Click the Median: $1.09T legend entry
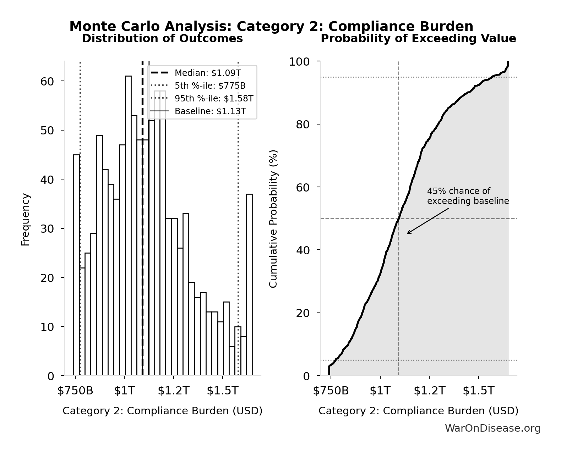(x=208, y=73)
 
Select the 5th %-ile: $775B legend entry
(x=210, y=86)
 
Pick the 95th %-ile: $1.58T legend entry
(x=214, y=99)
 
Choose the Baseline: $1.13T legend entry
(x=210, y=111)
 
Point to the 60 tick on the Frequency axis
(x=47, y=82)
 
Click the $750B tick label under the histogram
(x=75, y=391)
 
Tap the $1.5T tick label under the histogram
(x=223, y=391)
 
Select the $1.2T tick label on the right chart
(x=429, y=391)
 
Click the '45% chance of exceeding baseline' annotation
(x=468, y=196)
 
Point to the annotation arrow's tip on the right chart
(x=408, y=233)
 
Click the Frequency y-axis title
(x=26, y=219)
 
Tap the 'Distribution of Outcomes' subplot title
(x=163, y=39)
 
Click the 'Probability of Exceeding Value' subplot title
(x=418, y=39)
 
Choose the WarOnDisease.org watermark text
(x=492, y=428)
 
